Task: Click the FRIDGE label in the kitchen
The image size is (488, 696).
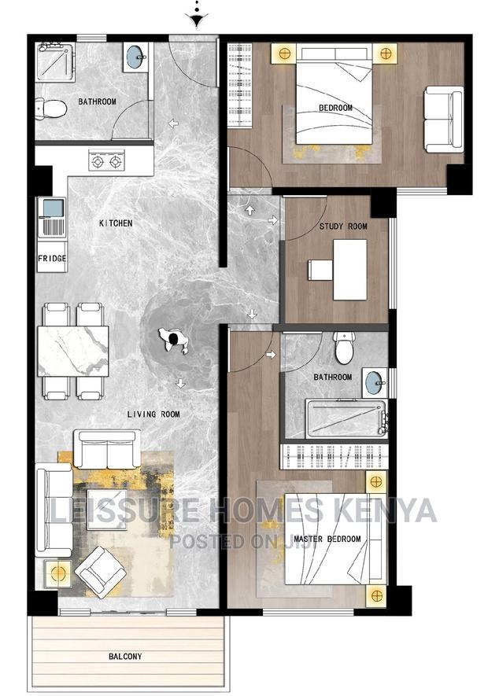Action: coord(52,259)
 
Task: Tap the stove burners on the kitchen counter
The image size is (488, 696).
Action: coord(107,163)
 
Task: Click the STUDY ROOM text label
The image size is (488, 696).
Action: coord(342,226)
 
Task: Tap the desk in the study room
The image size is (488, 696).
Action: coord(349,270)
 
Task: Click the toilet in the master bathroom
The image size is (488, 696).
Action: coord(345,348)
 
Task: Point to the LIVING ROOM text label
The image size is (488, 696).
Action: coord(154,414)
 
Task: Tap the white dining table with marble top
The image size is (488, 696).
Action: coord(72,351)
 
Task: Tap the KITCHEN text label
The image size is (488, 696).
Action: coord(116,223)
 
